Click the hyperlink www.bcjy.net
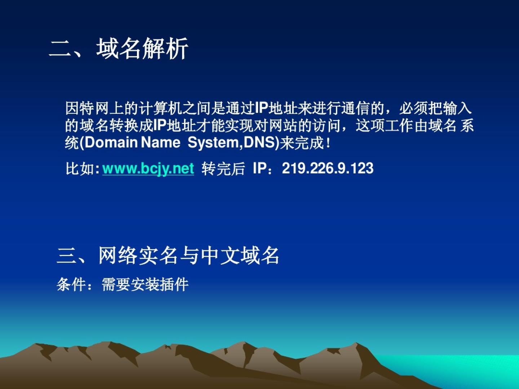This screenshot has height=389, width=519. click(148, 169)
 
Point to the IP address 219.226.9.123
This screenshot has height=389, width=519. click(328, 169)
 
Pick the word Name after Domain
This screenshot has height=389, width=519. click(161, 142)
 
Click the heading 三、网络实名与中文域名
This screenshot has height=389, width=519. click(168, 255)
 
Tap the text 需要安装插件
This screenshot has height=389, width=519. click(145, 285)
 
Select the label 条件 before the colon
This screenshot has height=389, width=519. click(71, 285)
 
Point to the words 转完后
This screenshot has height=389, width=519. click(223, 169)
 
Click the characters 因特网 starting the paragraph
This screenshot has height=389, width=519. click(87, 108)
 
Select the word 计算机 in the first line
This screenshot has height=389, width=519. click(160, 108)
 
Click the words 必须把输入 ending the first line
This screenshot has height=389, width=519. click(435, 108)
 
